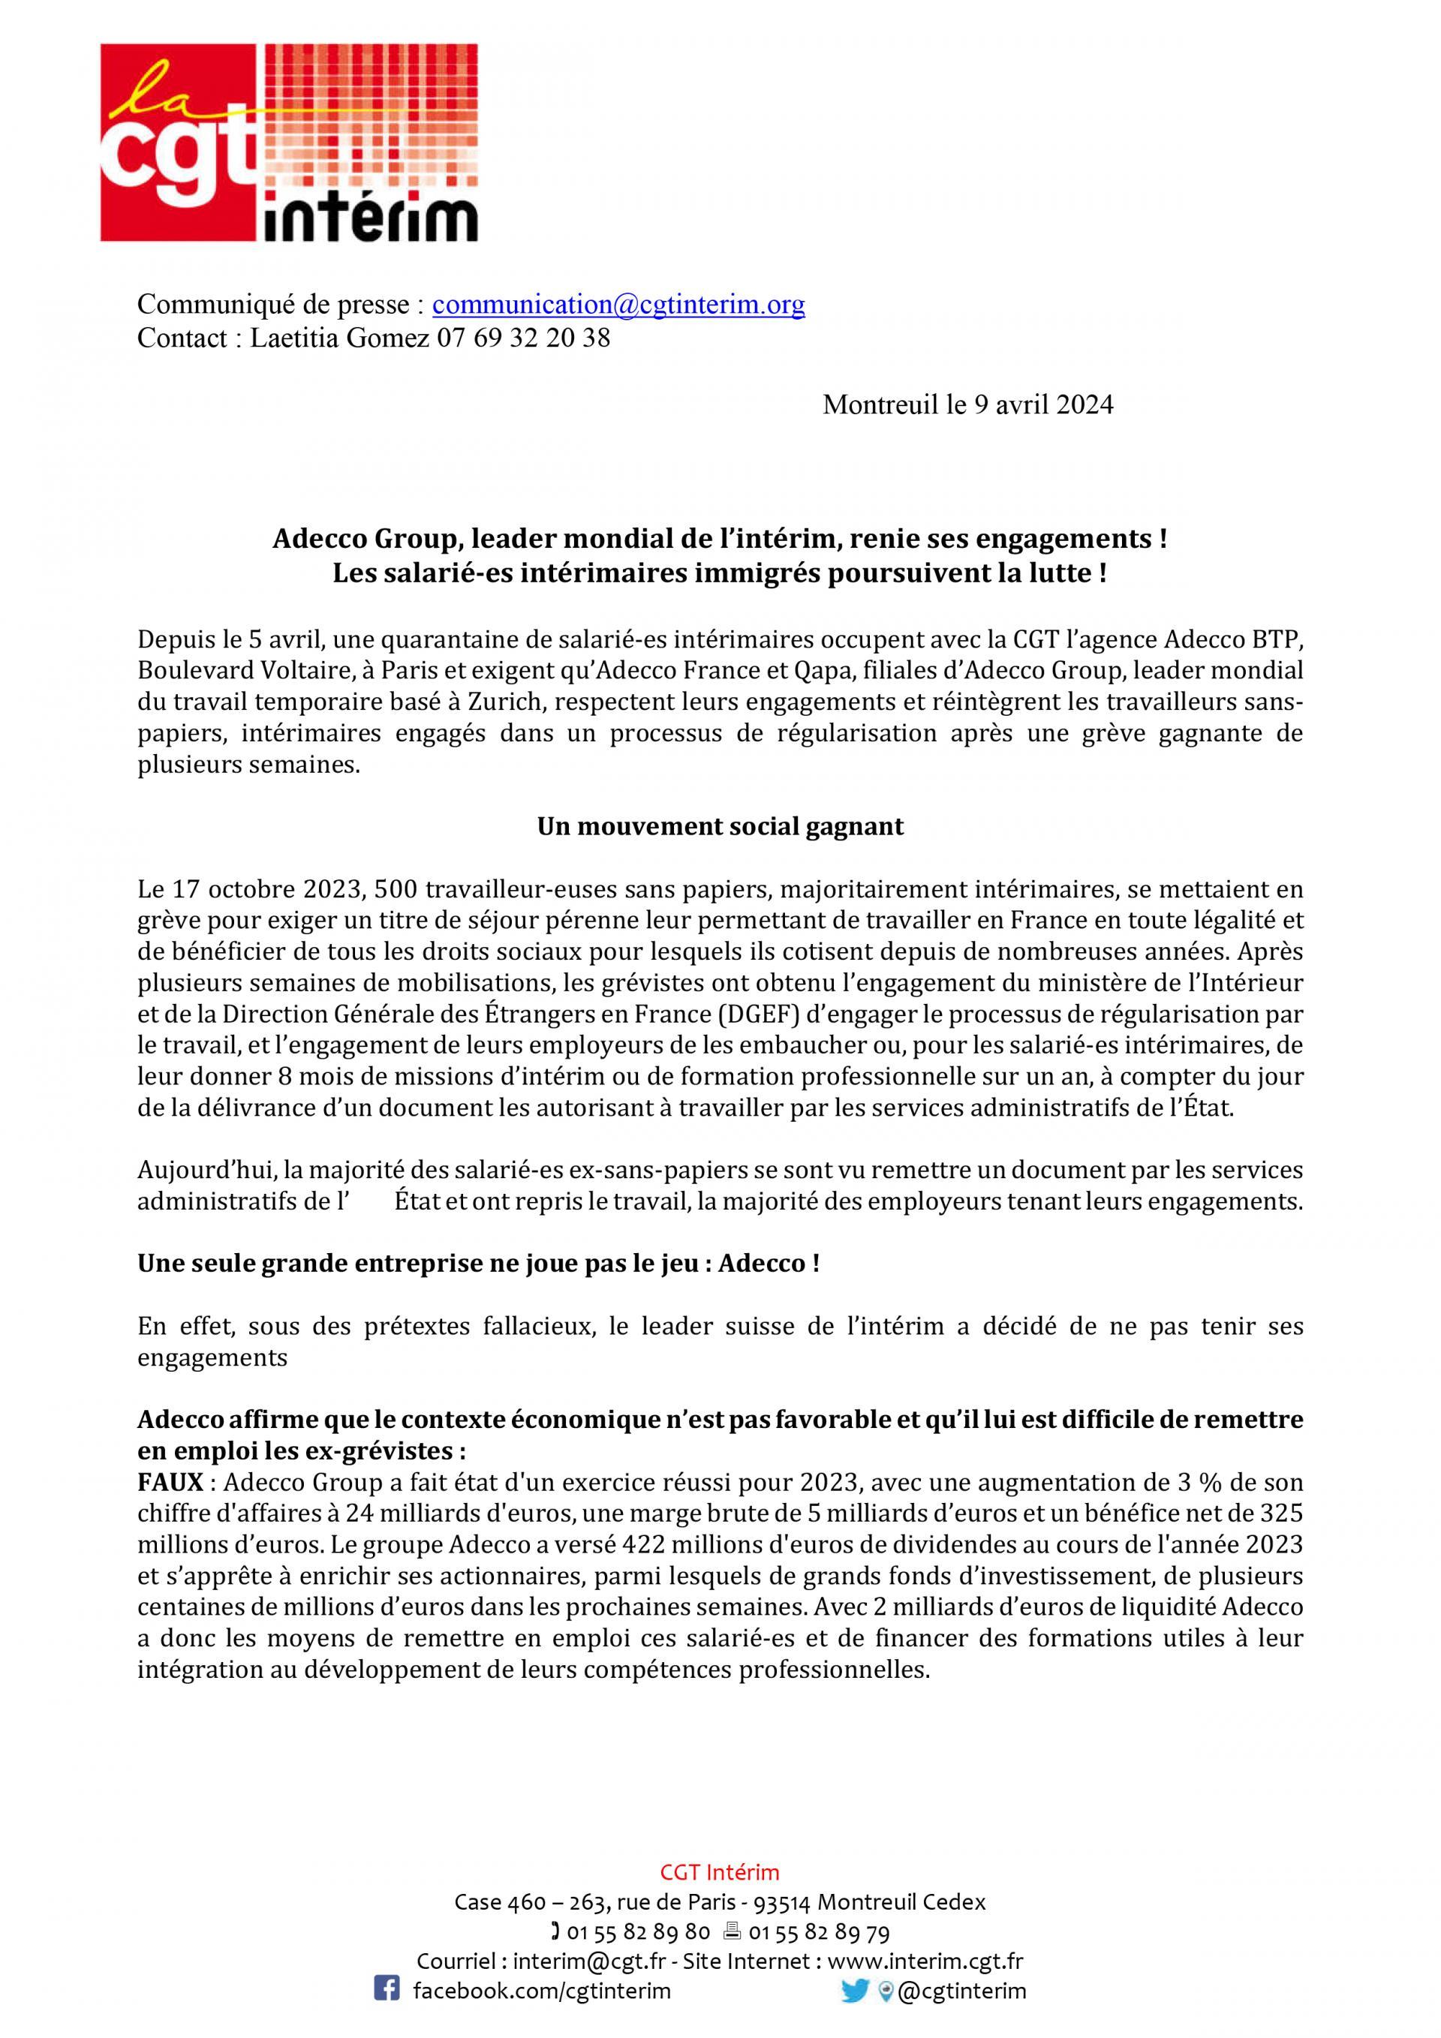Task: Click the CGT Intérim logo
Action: click(x=288, y=142)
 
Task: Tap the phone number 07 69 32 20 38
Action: click(x=523, y=338)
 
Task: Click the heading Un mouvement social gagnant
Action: click(x=720, y=826)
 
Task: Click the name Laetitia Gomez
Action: click(x=341, y=338)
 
